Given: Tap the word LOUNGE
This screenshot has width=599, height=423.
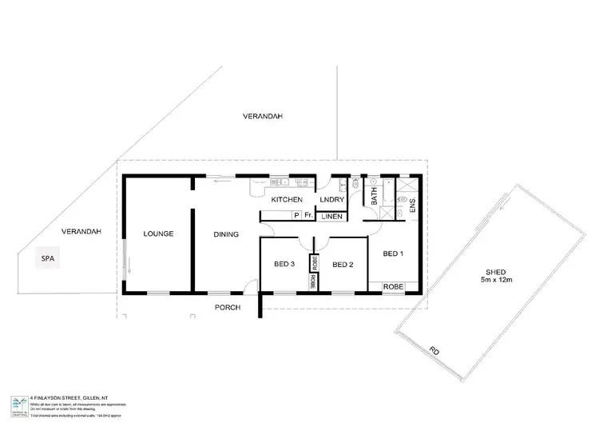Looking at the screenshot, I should [158, 233].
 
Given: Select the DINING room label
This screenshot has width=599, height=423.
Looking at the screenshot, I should [227, 234].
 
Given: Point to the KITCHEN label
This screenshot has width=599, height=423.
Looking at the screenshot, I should [286, 198].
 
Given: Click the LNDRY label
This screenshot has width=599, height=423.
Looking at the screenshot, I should [331, 198].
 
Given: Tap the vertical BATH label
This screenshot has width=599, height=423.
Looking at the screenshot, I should [373, 198].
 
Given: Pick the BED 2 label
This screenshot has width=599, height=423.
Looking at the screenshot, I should [343, 265].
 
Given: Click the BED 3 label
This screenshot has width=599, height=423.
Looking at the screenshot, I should [285, 265].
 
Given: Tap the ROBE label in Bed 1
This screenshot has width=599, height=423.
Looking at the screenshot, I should [393, 285].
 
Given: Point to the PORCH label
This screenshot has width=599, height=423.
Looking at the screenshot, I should [229, 307].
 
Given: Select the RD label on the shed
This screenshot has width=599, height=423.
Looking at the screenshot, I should [434, 350].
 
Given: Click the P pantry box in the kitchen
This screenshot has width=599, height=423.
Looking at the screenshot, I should [296, 216].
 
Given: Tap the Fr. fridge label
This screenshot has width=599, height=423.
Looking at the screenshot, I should [307, 216].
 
